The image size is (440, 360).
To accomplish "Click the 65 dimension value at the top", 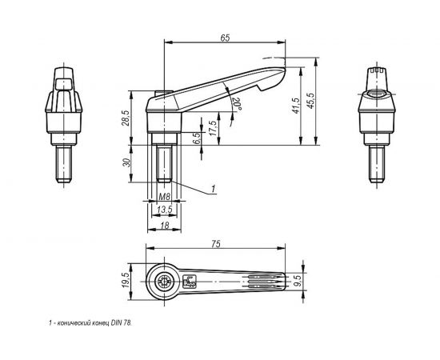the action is coord(225,38).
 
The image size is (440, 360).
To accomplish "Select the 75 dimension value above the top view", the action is coord(216,244).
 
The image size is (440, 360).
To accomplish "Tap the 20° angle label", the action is coord(237,104).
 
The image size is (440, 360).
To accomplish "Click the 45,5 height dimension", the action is coord(311,101).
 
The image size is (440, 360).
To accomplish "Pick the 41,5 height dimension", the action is coord(296,106).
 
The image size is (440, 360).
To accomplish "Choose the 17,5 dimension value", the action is coord(213,129).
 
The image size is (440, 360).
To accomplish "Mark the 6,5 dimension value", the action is coord(198,138).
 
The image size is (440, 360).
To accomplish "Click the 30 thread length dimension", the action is coord(127,162).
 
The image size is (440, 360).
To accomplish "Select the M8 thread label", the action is coord(164,197).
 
